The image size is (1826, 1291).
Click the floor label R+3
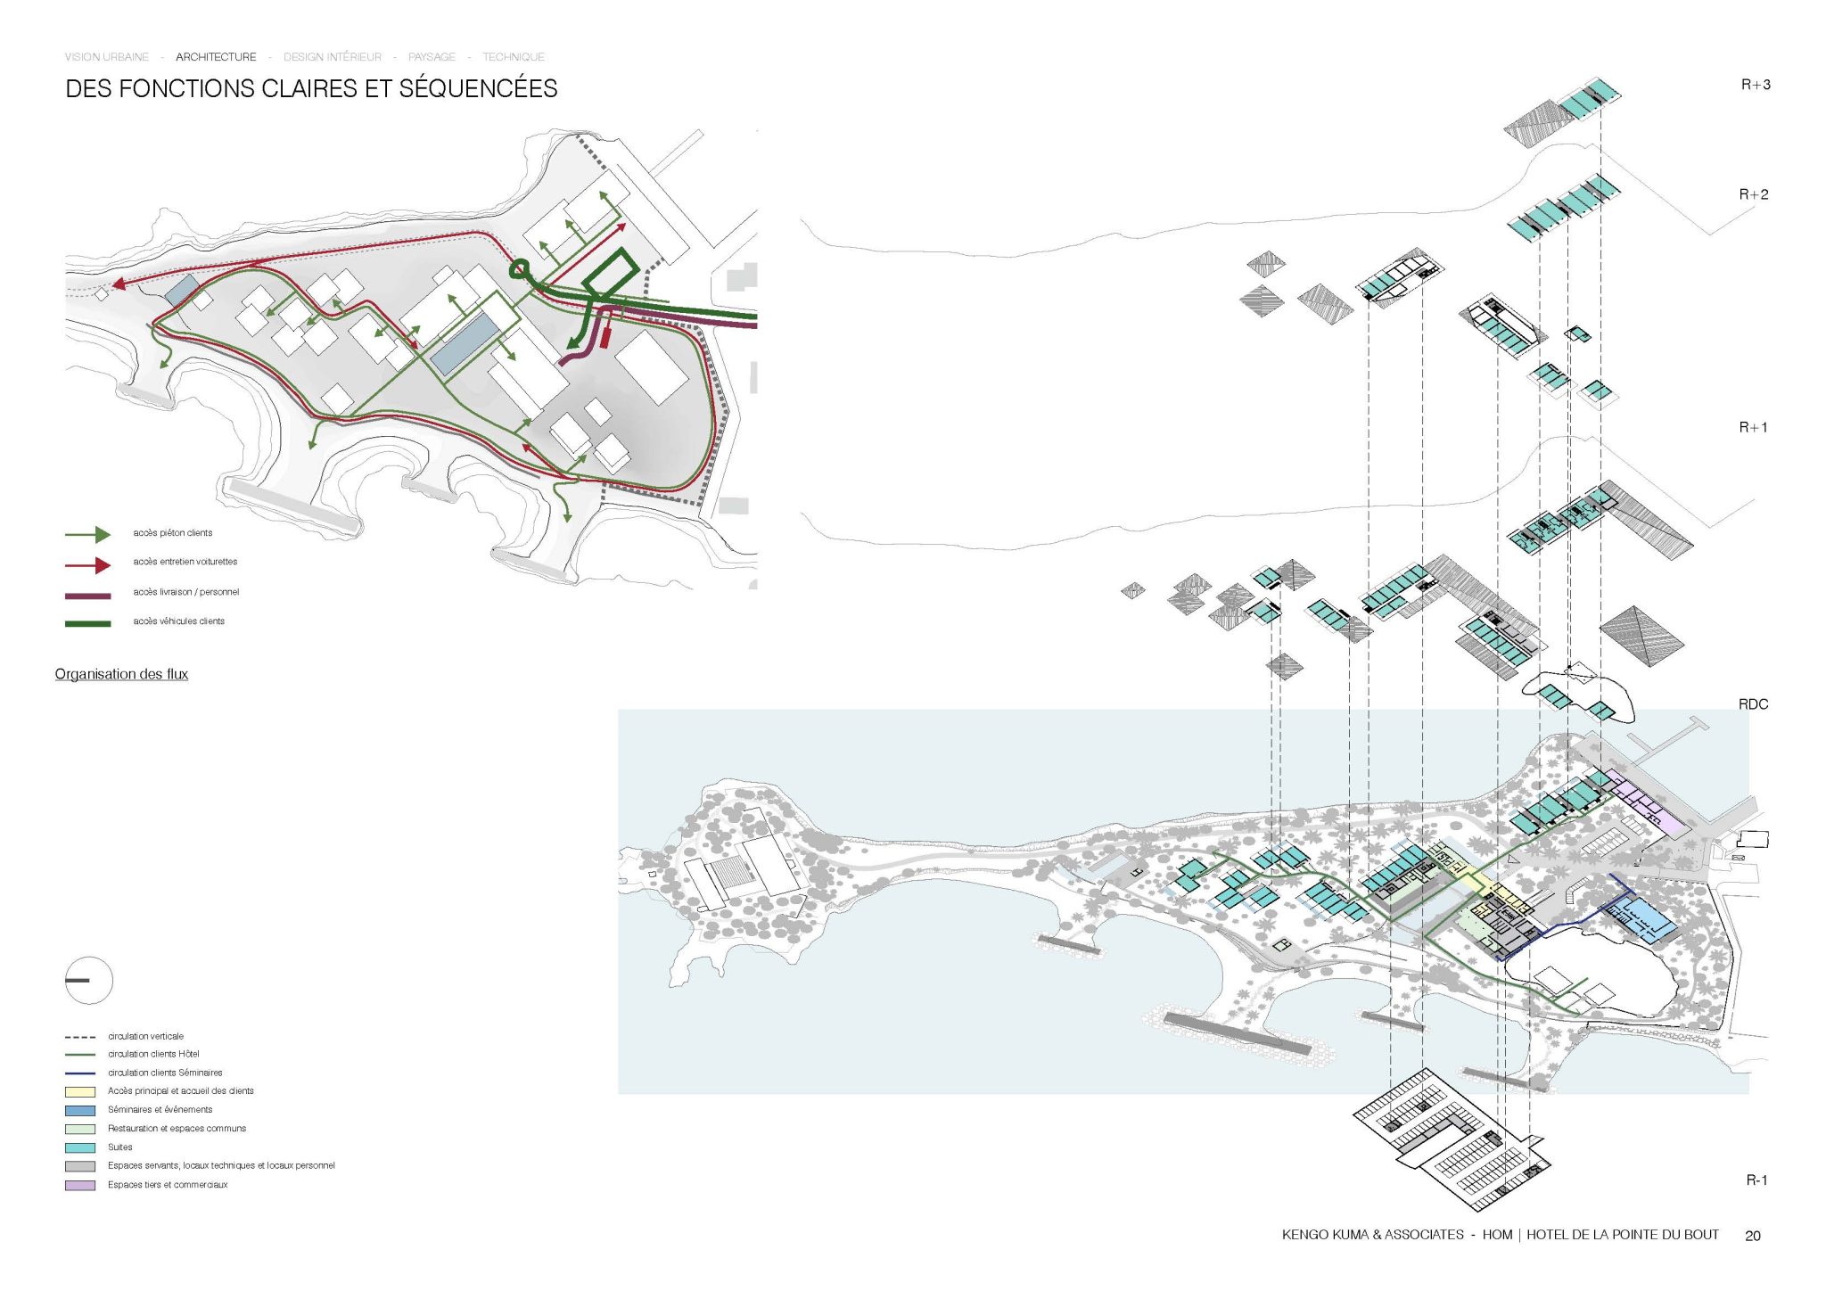(1755, 85)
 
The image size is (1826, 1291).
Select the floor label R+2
(1753, 194)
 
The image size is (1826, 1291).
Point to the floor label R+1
(1753, 427)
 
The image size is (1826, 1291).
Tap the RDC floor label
(1753, 704)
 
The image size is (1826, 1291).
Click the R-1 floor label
(1756, 1180)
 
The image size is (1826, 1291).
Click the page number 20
(1752, 1236)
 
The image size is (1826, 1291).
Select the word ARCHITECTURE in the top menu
(216, 57)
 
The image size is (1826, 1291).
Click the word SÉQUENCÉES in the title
(478, 89)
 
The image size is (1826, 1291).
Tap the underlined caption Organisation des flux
(121, 674)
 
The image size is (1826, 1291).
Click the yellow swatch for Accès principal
(79, 1091)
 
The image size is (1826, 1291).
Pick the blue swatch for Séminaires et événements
(79, 1110)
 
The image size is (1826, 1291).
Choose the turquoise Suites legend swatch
(79, 1147)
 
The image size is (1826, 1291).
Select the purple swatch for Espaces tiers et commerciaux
(79, 1185)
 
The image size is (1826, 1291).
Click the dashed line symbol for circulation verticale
(79, 1037)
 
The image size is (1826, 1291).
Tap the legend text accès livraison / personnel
(185, 592)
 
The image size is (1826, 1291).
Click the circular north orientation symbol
(88, 981)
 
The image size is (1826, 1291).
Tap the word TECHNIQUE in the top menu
(513, 57)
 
